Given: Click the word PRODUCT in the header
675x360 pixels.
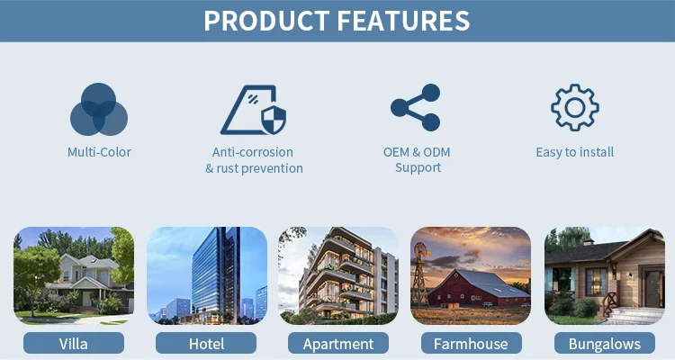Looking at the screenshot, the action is pyautogui.click(x=266, y=21).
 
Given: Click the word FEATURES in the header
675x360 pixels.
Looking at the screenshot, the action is pyautogui.click(x=403, y=21).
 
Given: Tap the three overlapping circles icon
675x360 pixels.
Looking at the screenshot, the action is pyautogui.click(x=99, y=110).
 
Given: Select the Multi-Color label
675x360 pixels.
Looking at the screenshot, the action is pyautogui.click(x=99, y=152).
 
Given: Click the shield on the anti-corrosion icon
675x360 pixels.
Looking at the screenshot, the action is pyautogui.click(x=274, y=120).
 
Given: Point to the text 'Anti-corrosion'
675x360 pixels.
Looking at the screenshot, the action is pyautogui.click(x=253, y=152).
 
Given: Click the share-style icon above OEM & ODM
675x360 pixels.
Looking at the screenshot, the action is pyautogui.click(x=416, y=108).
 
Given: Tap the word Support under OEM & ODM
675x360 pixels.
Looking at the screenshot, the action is pyautogui.click(x=418, y=167).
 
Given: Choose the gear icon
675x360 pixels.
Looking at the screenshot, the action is pyautogui.click(x=575, y=108).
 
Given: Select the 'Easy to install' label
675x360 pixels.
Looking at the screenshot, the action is pyautogui.click(x=575, y=152).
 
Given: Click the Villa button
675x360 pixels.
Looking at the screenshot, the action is pyautogui.click(x=74, y=344).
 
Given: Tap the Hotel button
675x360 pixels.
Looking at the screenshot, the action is pyautogui.click(x=206, y=344).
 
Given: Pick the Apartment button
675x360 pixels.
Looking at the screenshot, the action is pyautogui.click(x=338, y=344).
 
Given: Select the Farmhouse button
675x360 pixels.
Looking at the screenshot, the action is pyautogui.click(x=471, y=344).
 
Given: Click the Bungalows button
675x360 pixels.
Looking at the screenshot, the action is pyautogui.click(x=605, y=344).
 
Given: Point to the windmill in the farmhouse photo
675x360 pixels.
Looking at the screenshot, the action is pyautogui.click(x=419, y=273).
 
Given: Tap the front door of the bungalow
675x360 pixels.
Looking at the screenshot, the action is pyautogui.click(x=653, y=288).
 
